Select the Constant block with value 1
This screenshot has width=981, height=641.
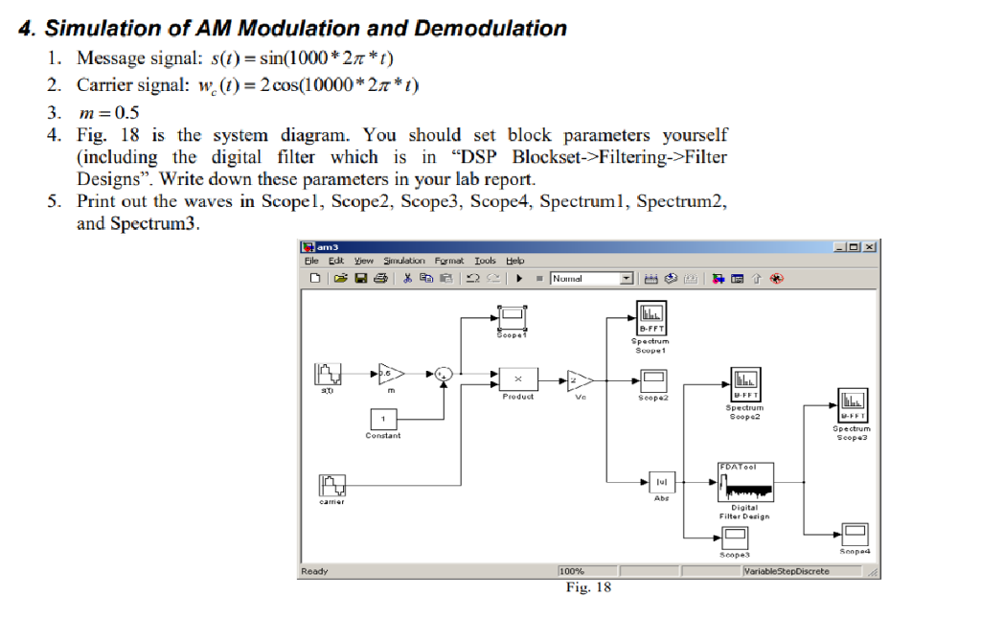point(384,419)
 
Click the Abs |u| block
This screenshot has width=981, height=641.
point(662,482)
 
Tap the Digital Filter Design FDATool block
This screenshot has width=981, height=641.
point(744,482)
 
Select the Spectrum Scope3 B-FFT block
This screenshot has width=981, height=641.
point(854,403)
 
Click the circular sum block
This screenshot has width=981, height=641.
point(444,375)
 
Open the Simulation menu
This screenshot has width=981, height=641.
point(403,261)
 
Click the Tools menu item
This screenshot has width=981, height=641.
point(485,261)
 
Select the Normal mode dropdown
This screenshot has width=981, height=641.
point(592,279)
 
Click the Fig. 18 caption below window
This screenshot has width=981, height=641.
point(588,586)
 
